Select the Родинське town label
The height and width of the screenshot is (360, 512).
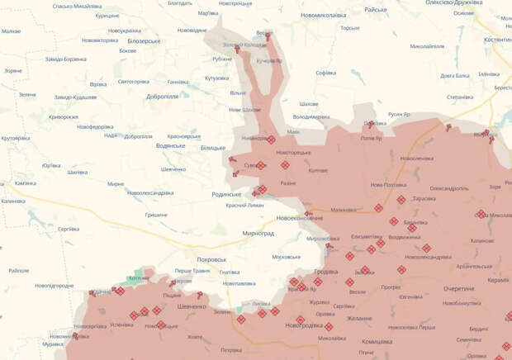click(228, 194)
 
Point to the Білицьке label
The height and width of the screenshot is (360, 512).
click(212, 147)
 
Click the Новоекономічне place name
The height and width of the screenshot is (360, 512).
click(298, 218)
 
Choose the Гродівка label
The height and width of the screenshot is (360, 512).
click(326, 273)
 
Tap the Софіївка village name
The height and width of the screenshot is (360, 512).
click(325, 72)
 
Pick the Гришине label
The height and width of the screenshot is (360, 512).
click(156, 214)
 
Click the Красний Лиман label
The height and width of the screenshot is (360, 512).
click(246, 205)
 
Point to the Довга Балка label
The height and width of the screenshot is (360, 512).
click(454, 75)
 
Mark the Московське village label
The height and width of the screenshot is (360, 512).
click(286, 257)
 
